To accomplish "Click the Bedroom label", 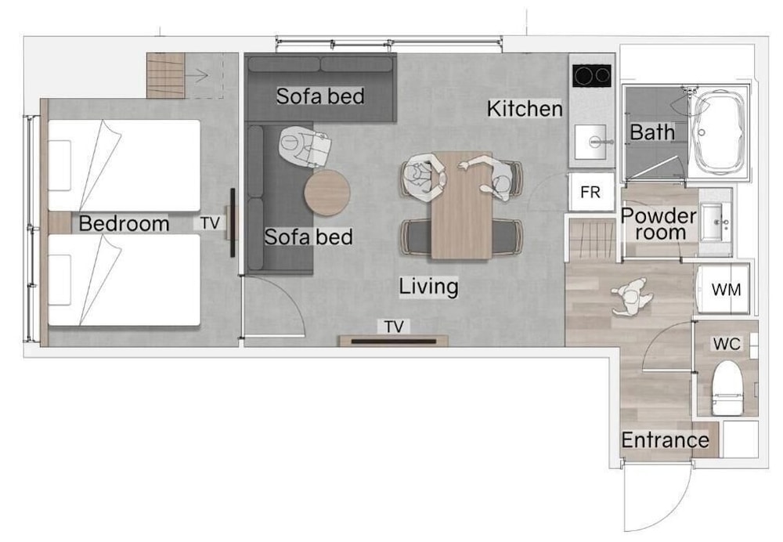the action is (124, 223).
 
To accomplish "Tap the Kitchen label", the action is (525, 109).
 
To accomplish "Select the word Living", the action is (428, 287).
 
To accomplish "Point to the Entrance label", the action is (665, 440).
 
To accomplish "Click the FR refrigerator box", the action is (591, 192).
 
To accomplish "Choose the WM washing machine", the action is (723, 289).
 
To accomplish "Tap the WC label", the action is (727, 344).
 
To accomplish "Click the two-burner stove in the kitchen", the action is (592, 76).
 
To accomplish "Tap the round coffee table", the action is (327, 193).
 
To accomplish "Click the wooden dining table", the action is (462, 205).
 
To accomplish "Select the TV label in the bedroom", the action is (210, 222).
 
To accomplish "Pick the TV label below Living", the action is (394, 327).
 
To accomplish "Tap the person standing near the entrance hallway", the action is (630, 297).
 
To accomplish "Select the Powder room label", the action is (659, 224).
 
